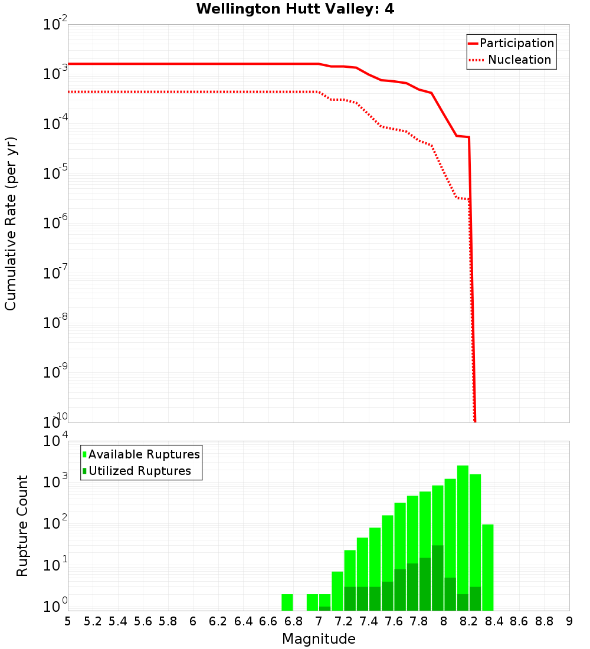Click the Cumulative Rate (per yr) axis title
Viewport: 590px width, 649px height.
coord(11,223)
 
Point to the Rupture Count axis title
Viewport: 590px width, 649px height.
coord(22,526)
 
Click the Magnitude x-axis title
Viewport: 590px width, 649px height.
coord(319,639)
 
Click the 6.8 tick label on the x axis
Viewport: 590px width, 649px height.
coord(293,621)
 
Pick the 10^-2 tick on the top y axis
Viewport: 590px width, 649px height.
coord(54,25)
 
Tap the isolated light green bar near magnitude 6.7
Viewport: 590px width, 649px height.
coord(287,602)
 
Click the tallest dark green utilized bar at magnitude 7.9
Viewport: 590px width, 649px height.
coord(437,578)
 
